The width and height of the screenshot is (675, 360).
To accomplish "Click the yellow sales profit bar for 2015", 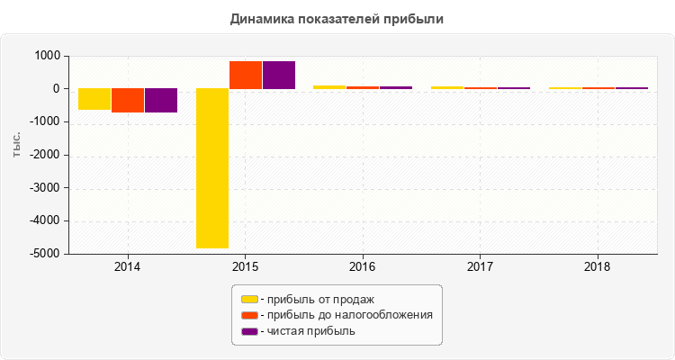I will tap(212, 168).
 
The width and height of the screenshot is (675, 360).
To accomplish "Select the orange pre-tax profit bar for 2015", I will tap(246, 76).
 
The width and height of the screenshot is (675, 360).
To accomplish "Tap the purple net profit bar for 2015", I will tap(279, 76).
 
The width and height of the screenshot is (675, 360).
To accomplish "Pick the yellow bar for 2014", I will tap(94, 99).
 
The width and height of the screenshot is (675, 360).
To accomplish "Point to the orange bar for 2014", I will tap(128, 101).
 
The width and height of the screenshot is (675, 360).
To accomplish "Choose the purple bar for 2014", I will tap(161, 101).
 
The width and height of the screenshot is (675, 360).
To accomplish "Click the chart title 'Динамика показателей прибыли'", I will tap(337, 18).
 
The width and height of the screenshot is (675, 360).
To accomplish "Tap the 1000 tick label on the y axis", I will tap(47, 56).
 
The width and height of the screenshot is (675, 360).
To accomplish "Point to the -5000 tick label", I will tap(45, 254).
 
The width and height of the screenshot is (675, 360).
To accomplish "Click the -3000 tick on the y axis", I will tap(45, 188).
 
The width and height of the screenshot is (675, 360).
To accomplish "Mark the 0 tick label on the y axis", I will tap(56, 89).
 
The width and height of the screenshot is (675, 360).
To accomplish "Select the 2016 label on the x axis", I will tap(363, 267).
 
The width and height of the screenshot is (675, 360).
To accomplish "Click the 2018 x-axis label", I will tap(598, 267).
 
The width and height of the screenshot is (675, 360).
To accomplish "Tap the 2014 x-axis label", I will tap(128, 267).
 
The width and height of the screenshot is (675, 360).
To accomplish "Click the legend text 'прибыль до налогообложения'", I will tap(346, 315).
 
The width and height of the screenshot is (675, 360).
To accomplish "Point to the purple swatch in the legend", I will tap(249, 331).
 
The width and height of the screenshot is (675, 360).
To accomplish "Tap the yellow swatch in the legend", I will tap(249, 299).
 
